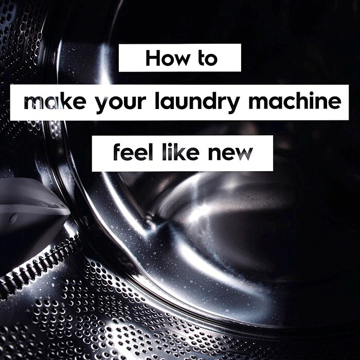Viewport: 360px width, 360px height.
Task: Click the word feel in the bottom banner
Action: [129, 153]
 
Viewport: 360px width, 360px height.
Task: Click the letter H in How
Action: [152, 58]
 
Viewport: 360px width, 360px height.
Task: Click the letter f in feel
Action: [116, 152]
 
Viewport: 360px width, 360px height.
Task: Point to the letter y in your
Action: [101, 105]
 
